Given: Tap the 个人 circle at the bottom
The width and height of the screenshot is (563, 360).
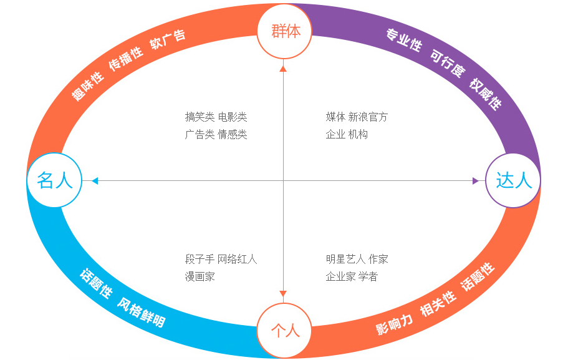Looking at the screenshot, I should [x=285, y=330].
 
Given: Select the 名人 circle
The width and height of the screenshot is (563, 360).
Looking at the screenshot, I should [x=55, y=180].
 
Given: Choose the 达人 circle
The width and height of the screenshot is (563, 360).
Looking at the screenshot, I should [x=513, y=180].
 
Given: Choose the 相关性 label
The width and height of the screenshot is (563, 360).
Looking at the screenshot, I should [x=438, y=303].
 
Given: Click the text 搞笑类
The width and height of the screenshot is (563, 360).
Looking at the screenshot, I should [x=200, y=117].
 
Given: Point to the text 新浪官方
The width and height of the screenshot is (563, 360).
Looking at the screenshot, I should [x=368, y=117].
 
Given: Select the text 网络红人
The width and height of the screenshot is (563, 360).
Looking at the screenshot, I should [x=238, y=259].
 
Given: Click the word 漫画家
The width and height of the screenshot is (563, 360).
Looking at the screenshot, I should [x=200, y=276].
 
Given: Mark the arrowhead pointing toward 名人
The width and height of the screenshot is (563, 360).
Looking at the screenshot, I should [x=95, y=181].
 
